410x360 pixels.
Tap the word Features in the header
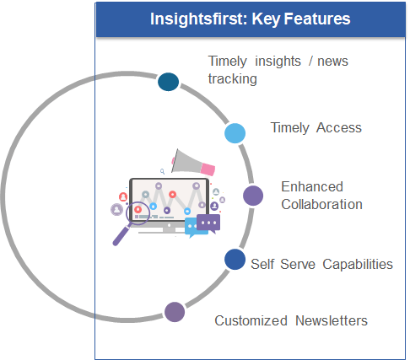pyautogui.click(x=317, y=19)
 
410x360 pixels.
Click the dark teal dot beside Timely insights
pyautogui.click(x=168, y=82)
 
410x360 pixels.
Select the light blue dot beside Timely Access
pyautogui.click(x=235, y=133)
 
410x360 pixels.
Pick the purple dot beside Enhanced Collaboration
pyautogui.click(x=253, y=196)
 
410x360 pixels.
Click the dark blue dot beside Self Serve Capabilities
pyautogui.click(x=235, y=260)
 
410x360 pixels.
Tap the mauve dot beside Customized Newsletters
pyautogui.click(x=175, y=312)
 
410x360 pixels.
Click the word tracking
pyautogui.click(x=233, y=79)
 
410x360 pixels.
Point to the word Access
pyautogui.click(x=339, y=128)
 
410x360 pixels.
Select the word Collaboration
pyautogui.click(x=321, y=204)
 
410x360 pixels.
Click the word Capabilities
pyautogui.click(x=358, y=265)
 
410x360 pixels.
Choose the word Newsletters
pyautogui.click(x=332, y=320)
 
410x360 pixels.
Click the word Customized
pyautogui.click(x=251, y=320)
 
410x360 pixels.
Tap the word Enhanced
pyautogui.click(x=312, y=187)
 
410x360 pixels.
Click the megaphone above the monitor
pyautogui.click(x=192, y=163)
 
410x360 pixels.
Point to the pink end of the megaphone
pyautogui.click(x=208, y=169)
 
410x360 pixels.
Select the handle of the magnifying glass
pyautogui.click(x=121, y=235)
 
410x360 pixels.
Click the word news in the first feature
pyautogui.click(x=332, y=62)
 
